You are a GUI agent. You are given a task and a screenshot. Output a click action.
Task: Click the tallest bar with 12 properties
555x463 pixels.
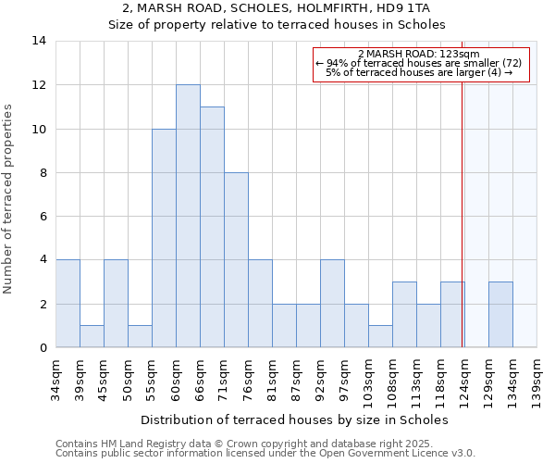coord(188,216)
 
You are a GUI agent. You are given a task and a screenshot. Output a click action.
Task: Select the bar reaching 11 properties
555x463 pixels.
coord(212,227)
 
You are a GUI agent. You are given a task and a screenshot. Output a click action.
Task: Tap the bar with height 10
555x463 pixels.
coord(164,238)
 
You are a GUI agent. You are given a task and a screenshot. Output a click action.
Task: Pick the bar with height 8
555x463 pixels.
coord(236,260)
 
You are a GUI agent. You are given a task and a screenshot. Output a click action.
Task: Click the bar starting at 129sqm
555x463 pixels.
coord(500,315)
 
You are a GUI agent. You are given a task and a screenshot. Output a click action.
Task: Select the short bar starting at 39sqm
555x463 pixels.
coord(92,337)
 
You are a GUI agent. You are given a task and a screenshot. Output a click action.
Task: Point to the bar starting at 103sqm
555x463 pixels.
coord(380,337)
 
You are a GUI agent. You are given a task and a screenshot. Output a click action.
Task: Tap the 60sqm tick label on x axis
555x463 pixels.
coord(176,380)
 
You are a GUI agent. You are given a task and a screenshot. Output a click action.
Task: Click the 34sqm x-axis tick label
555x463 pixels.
coord(55,380)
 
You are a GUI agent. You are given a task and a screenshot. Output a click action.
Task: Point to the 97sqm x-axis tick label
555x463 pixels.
coord(344,380)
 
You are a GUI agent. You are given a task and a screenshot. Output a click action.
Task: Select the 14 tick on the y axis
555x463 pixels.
coord(39,41)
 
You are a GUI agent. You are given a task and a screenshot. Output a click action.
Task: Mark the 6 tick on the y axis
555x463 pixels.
coord(43,217)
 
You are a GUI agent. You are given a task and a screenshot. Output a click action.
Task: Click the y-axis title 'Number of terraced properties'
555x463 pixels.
coord(9,199)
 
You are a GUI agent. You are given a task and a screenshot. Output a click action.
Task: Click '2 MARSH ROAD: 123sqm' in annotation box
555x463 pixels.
coord(418,55)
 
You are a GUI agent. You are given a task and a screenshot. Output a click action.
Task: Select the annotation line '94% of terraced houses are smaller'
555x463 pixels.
coord(419,63)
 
